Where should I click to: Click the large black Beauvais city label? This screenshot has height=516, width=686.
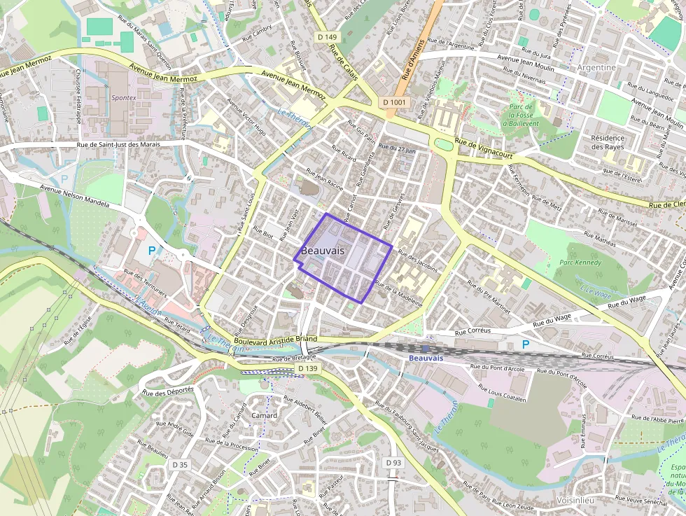[x=322, y=251]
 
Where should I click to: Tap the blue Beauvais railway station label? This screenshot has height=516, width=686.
[x=426, y=358]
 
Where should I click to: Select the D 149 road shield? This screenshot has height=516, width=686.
[x=327, y=37]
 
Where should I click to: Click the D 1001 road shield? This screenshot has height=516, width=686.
[x=395, y=102]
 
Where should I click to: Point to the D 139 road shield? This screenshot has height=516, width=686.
[x=307, y=368]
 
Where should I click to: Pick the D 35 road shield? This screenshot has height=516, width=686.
[x=180, y=464]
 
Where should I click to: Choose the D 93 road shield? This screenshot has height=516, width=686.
[x=393, y=463]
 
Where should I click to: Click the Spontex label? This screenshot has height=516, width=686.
[x=124, y=98]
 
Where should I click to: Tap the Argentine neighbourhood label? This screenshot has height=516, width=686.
[x=597, y=68]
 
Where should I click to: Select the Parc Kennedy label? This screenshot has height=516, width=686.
[x=580, y=263]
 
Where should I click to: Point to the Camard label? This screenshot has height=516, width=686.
[x=264, y=415]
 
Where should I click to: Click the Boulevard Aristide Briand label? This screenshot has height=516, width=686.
[x=276, y=340]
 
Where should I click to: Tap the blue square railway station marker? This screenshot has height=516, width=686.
[x=425, y=348]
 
